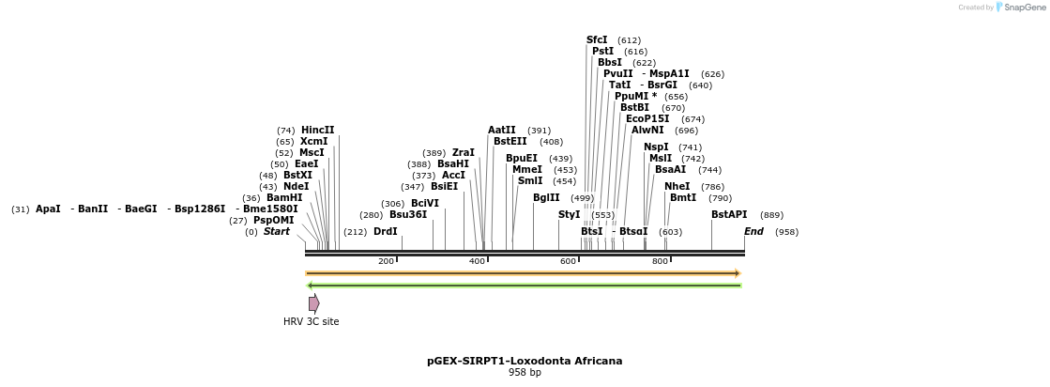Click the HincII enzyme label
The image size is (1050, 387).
(317, 131)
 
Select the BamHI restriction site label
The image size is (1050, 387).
(284, 198)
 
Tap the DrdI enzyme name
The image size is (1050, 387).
(385, 232)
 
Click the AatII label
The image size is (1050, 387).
(501, 131)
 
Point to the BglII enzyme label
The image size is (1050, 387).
(545, 198)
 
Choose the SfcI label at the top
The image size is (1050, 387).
(597, 40)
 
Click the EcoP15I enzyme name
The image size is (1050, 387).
(647, 119)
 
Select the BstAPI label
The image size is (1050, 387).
(729, 215)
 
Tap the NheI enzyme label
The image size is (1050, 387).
(676, 187)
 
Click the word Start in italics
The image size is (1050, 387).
(276, 232)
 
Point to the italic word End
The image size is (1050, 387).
(753, 232)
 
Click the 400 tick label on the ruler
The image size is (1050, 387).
(477, 261)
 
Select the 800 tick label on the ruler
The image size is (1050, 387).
(660, 261)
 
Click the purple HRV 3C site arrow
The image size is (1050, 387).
(314, 303)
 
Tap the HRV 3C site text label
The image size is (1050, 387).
(311, 322)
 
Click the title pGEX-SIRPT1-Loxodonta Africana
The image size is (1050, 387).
(525, 361)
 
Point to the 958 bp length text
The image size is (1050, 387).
(525, 373)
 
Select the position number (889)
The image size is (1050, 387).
(771, 216)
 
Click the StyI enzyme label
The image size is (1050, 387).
(569, 215)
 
